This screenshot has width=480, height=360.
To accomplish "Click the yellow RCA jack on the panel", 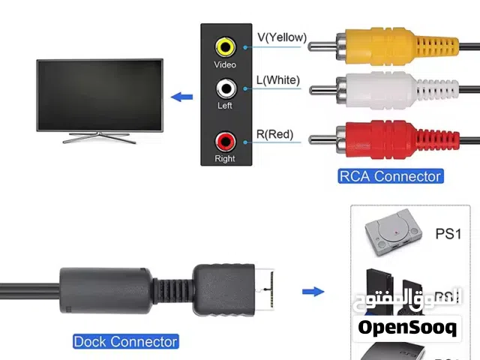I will click(x=225, y=46).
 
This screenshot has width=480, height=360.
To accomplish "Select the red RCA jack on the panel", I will click(x=225, y=140).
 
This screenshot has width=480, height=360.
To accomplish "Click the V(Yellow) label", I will click(x=282, y=37).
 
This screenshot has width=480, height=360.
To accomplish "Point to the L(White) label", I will click(x=278, y=80).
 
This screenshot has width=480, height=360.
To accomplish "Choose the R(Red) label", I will click(x=274, y=135).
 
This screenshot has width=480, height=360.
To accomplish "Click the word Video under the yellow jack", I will click(x=225, y=65).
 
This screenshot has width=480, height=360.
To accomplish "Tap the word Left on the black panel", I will click(x=225, y=106).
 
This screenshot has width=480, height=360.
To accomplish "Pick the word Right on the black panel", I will click(x=225, y=158).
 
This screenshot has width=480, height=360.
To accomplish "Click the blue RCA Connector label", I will click(x=389, y=176).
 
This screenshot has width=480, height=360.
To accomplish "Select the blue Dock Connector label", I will click(x=125, y=341).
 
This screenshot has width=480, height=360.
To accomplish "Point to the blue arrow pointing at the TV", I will click(x=182, y=97).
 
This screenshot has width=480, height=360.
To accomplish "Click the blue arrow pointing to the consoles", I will click(x=313, y=292).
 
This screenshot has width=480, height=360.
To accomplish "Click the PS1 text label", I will click(x=448, y=233).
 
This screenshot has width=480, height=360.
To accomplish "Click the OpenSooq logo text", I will click(x=407, y=327).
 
